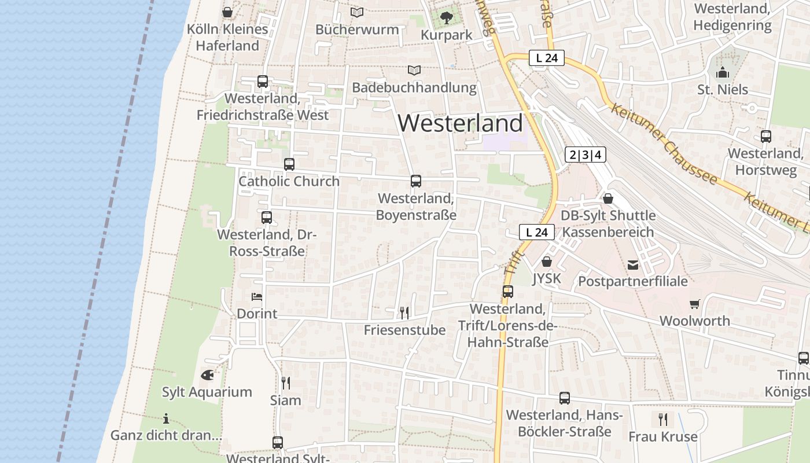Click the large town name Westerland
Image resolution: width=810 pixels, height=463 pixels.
coord(461,123)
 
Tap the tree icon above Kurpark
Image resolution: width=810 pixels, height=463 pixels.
coord(446,18)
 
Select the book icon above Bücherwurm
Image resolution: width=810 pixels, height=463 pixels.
coord(357,12)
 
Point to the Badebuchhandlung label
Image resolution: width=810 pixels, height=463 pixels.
coord(414,87)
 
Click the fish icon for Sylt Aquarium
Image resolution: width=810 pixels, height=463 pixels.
coord(207,375)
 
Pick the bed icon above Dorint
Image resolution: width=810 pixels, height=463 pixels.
coord(257,297)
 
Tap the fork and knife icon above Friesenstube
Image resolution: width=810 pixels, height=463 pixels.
coord(404,313)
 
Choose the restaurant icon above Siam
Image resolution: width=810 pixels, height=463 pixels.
coord(285,383)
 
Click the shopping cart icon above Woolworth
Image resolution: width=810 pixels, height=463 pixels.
coord(694,304)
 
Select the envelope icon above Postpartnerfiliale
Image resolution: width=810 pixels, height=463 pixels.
coord(633,264)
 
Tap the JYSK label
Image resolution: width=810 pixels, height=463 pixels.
coord(547,278)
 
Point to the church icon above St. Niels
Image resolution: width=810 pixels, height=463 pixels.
coord(722,73)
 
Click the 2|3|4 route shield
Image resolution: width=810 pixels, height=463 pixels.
coord(586,155)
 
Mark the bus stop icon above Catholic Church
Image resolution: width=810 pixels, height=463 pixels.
coord(289,164)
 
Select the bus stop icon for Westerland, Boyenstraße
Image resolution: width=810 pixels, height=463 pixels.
coord(416,181)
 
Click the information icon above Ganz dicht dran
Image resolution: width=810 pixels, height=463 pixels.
coord(166,418)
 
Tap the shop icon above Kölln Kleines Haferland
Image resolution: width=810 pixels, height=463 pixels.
coord(227,12)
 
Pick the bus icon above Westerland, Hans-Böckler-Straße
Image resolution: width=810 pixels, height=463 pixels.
coord(564,398)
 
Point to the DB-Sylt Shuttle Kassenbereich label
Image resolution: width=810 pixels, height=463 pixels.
coord(609,223)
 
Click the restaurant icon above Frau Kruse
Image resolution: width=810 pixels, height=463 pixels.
coord(663,419)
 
